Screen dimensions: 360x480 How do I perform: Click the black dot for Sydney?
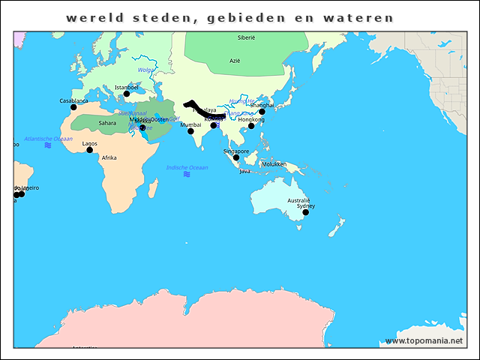tap(305, 212)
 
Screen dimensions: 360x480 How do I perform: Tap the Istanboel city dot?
tap(126, 94)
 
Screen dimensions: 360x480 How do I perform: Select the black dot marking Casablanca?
tap(73, 107)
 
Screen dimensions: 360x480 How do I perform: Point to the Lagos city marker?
tap(89, 150)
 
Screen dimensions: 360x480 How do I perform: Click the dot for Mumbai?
tap(190, 131)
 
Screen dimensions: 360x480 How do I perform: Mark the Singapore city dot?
tap(235, 157)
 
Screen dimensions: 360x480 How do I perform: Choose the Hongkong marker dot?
tap(251, 126)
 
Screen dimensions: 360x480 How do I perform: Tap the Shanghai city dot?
tap(262, 112)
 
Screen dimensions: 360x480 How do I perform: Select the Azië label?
tap(235, 61)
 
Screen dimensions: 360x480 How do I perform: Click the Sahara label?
tap(107, 123)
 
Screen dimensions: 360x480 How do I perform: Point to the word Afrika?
tap(109, 158)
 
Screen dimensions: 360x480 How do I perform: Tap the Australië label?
tap(298, 200)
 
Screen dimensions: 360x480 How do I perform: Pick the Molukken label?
tap(274, 164)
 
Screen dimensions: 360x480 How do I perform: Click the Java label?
tap(244, 171)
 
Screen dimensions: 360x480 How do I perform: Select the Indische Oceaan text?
tap(187, 167)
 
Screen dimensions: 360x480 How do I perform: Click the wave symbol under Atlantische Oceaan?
tap(48, 145)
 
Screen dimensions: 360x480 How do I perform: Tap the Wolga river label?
tap(146, 70)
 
